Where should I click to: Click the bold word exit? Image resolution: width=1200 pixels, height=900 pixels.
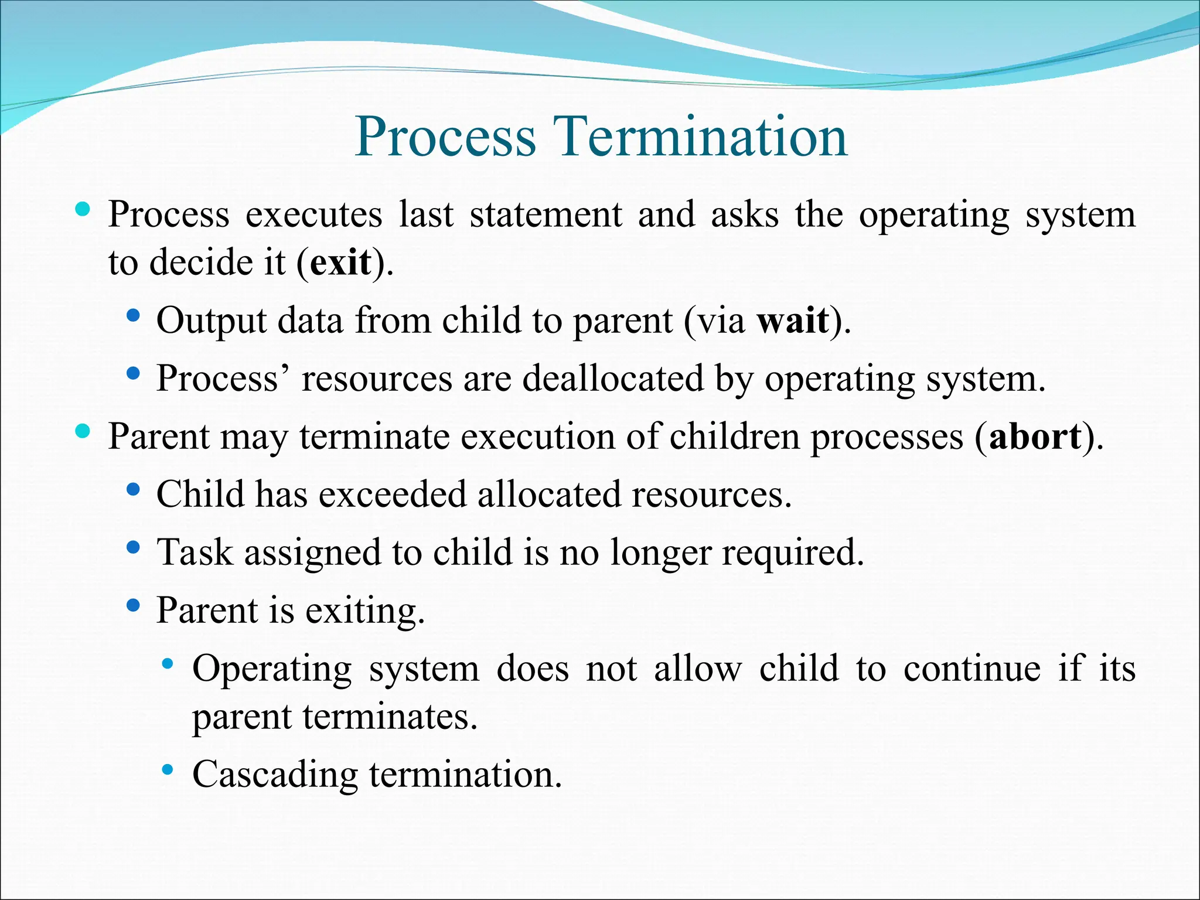pyautogui.click(x=340, y=262)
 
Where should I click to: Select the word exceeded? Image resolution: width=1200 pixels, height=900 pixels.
pyautogui.click(x=392, y=494)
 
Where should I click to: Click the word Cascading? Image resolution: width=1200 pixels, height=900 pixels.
pyautogui.click(x=275, y=775)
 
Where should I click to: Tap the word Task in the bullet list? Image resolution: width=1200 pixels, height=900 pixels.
pyautogui.click(x=195, y=552)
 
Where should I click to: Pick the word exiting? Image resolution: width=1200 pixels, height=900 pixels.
pyautogui.click(x=364, y=611)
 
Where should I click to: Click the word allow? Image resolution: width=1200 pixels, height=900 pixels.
pyautogui.click(x=697, y=669)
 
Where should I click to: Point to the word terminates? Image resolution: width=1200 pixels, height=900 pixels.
pyautogui.click(x=390, y=716)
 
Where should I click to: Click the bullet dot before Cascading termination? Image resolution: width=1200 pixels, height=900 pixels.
pyautogui.click(x=168, y=769)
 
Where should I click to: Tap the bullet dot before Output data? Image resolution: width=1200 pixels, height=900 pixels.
pyautogui.click(x=134, y=316)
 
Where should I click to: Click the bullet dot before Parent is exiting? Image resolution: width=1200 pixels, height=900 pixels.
pyautogui.click(x=134, y=605)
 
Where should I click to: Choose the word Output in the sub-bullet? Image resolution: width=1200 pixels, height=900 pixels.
pyautogui.click(x=212, y=321)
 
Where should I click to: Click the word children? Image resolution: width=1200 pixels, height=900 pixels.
pyautogui.click(x=734, y=437)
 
